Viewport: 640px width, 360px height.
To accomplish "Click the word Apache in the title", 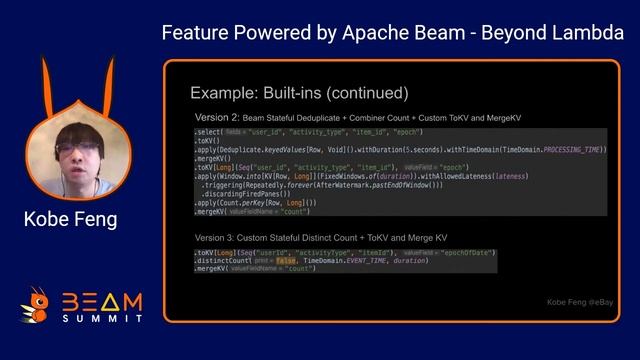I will pyautogui.click(x=353, y=33).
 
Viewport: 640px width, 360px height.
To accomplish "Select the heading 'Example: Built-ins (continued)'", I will pyautogui.click(x=299, y=93).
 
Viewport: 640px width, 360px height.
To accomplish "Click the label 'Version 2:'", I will pyautogui.click(x=219, y=117).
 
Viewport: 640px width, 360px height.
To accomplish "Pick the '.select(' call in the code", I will pyautogui.click(x=210, y=131).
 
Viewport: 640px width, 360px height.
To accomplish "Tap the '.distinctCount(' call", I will pyautogui.click(x=224, y=261).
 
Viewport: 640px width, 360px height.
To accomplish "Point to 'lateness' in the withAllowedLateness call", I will pyautogui.click(x=511, y=176).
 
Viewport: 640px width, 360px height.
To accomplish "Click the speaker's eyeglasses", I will pyautogui.click(x=73, y=148).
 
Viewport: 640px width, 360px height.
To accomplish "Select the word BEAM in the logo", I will pyautogui.click(x=102, y=301).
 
